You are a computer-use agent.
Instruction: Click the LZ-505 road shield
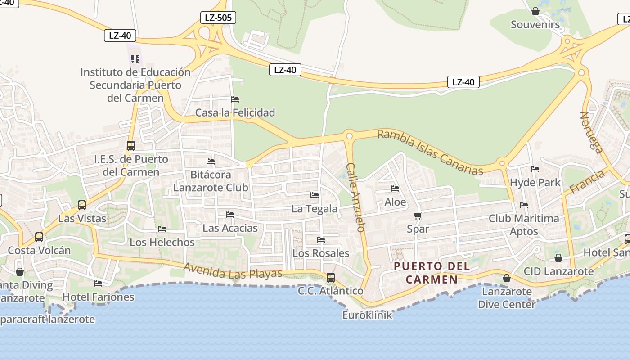[x=218, y=18]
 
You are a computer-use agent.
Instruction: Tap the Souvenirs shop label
[x=535, y=24]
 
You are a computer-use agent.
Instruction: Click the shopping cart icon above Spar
[x=418, y=216]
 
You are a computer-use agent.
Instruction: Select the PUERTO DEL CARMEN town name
[x=432, y=273]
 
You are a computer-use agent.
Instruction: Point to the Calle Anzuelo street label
[x=355, y=197]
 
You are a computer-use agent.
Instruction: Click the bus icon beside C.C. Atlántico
[x=331, y=278]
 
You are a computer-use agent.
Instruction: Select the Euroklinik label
[x=367, y=315]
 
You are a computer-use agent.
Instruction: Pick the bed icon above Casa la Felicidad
[x=235, y=99]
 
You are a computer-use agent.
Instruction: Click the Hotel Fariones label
[x=98, y=297]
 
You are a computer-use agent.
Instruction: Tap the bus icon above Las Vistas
[x=82, y=205]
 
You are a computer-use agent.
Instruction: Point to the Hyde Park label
[x=535, y=182]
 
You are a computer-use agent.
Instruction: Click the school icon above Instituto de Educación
[x=135, y=59]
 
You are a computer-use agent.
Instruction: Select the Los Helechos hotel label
[x=162, y=242]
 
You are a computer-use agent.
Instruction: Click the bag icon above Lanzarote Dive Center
[x=507, y=278]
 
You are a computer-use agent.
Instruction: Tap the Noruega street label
[x=591, y=132]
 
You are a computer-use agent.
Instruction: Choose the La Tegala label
[x=315, y=209]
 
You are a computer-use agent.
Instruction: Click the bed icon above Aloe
[x=395, y=189]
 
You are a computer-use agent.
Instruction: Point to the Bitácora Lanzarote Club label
[x=211, y=181]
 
